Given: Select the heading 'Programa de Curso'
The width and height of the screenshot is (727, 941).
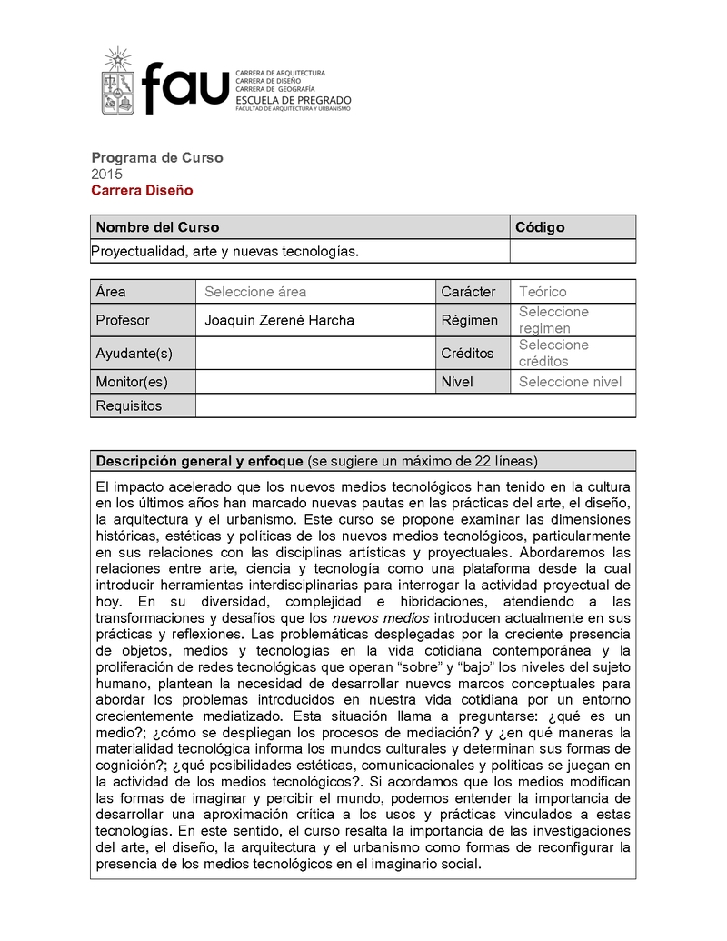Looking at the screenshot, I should tap(156, 157).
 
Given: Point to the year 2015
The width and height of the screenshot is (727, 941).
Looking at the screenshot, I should tap(106, 174).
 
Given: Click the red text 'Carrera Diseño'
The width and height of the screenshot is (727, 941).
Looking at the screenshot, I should tap(142, 190).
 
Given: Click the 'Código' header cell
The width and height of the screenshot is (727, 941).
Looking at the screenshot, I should tap(540, 227).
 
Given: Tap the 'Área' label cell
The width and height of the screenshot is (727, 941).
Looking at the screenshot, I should tap(111, 292).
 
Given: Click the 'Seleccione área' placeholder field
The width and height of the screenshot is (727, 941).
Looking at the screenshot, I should tap(255, 292).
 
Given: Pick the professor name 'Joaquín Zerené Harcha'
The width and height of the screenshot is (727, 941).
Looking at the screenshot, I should tap(279, 320).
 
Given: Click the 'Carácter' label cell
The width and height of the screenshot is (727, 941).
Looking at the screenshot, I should tap(468, 292).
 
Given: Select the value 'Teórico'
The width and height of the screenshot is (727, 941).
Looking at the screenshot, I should tap(543, 292).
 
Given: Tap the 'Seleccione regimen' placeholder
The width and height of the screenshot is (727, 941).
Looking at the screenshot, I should tap(553, 320).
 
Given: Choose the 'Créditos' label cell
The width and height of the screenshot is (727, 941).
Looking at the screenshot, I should tap(467, 353).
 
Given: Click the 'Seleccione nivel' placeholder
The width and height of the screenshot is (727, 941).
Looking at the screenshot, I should tap(570, 382).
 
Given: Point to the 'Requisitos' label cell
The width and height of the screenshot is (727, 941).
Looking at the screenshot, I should tap(128, 405).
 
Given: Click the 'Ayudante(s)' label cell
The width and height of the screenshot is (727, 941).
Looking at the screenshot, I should tap(134, 353).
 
